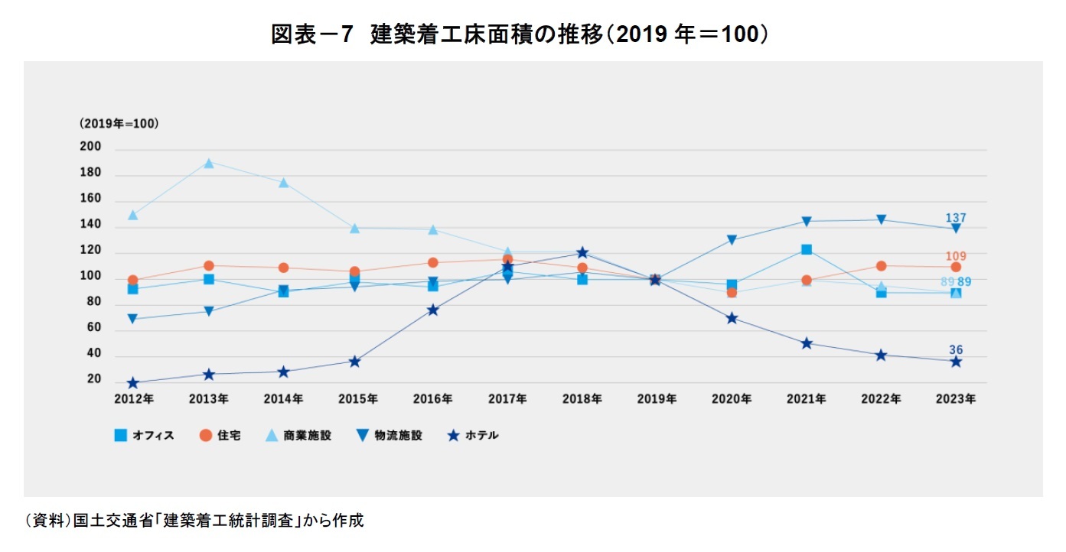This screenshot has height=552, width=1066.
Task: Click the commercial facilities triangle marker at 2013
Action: coord(208,162)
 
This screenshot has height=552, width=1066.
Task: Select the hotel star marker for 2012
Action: coord(133,383)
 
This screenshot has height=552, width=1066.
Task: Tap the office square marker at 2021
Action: coord(807,249)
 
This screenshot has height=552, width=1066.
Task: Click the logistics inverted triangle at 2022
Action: coord(881,219)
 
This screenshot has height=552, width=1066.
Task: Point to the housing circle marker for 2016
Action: coord(432,262)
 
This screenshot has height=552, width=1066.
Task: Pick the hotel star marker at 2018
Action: coord(582,253)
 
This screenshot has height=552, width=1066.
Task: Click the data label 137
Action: coord(955,218)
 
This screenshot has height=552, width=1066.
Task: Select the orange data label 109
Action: coord(955,256)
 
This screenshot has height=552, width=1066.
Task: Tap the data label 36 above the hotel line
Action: coord(956,350)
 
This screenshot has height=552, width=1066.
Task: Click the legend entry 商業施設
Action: coord(298,436)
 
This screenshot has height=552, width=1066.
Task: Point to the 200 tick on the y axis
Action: coord(90,150)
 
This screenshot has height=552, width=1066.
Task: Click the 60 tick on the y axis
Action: coord(93,328)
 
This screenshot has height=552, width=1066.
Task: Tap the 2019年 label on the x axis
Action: coord(657,399)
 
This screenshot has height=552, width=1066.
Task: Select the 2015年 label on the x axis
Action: coord(357,399)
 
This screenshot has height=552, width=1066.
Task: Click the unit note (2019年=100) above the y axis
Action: coord(118,123)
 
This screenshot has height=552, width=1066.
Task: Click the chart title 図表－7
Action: coord(311,35)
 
